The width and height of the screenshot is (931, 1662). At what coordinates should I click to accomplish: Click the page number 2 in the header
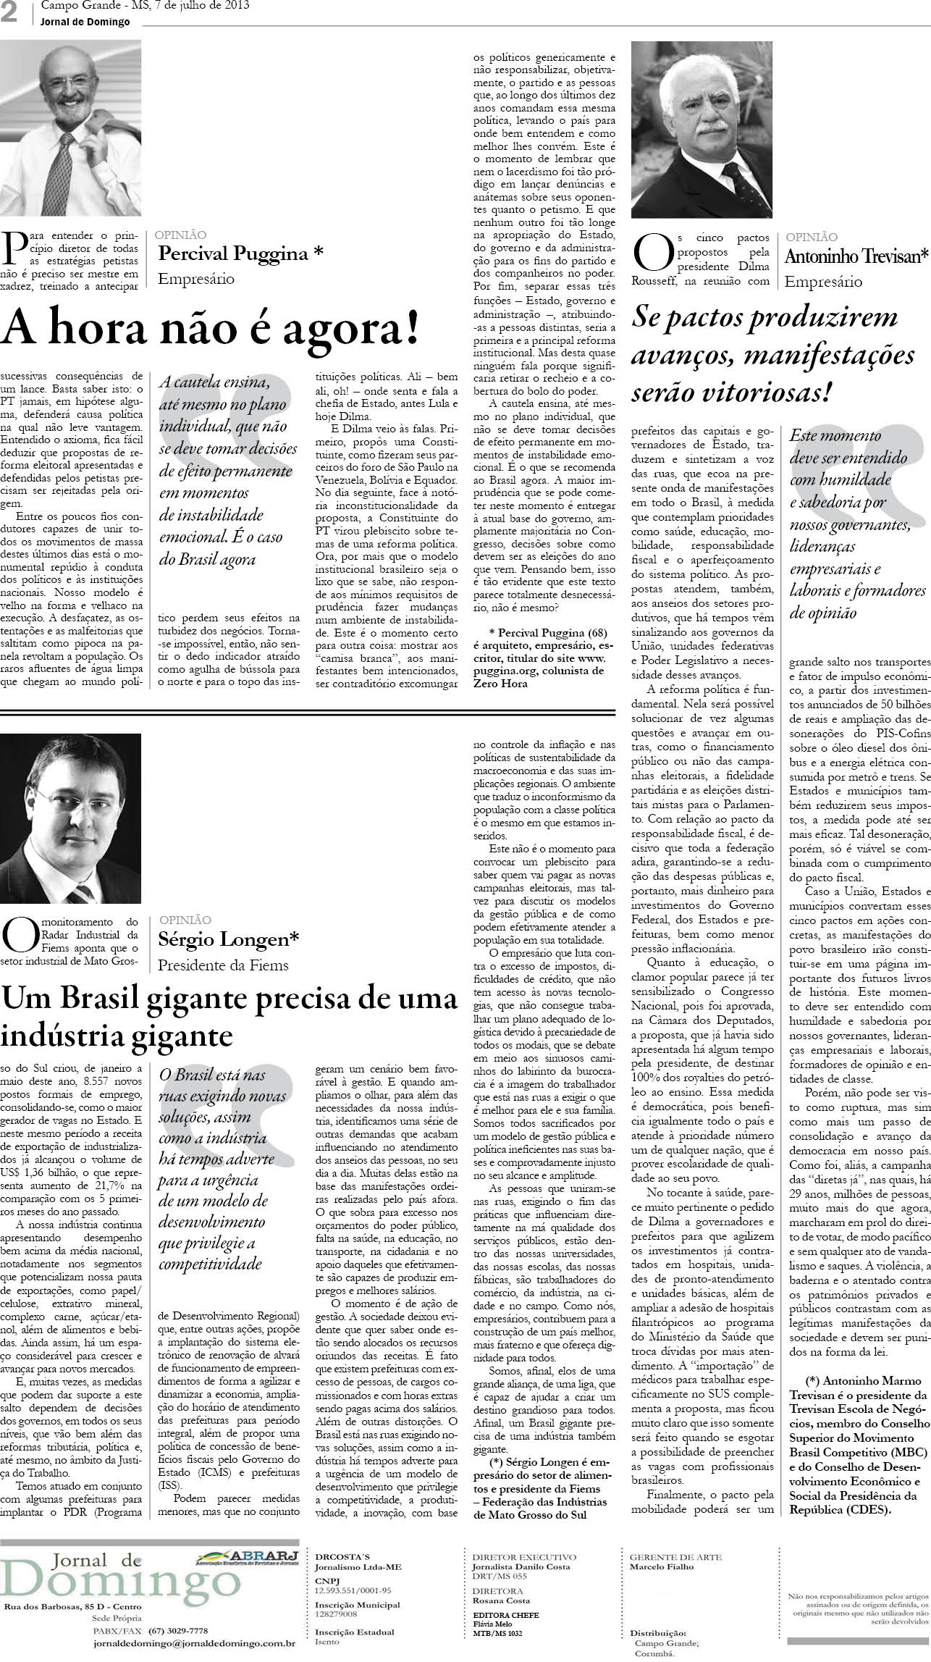pyautogui.click(x=9, y=14)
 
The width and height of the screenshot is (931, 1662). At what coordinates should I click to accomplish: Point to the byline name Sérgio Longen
pyautogui.click(x=229, y=940)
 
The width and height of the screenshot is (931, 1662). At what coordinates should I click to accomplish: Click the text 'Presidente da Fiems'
pyautogui.click(x=223, y=965)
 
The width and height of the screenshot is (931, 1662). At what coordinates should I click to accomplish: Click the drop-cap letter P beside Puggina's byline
pyautogui.click(x=14, y=250)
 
